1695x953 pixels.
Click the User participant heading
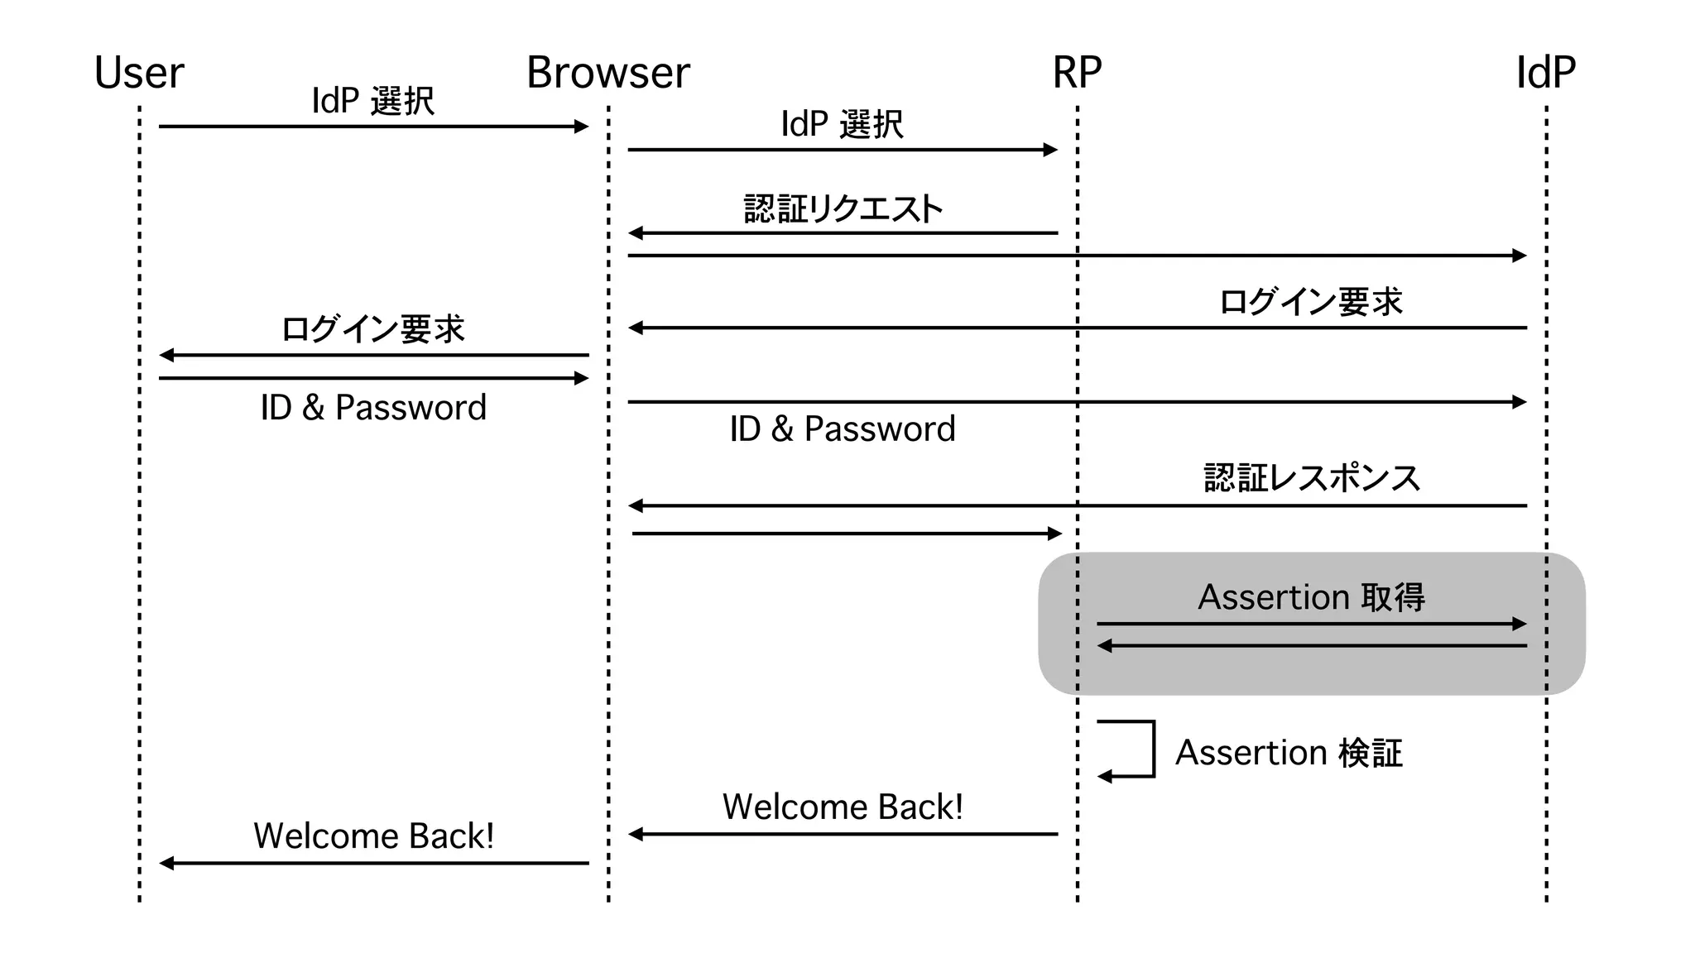click(139, 73)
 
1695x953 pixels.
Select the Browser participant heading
click(608, 73)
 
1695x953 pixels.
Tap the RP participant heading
click(1077, 73)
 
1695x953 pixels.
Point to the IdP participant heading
click(1545, 73)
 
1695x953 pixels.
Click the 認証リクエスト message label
click(843, 209)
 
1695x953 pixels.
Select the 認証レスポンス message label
click(1312, 478)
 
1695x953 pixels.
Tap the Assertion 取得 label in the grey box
click(1311, 597)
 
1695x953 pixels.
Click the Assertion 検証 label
click(1289, 753)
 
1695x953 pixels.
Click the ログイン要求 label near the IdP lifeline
click(1311, 302)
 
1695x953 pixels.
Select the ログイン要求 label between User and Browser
click(373, 329)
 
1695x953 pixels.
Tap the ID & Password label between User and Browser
click(373, 407)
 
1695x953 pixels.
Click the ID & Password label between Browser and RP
click(843, 429)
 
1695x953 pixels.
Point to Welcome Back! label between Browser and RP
click(843, 807)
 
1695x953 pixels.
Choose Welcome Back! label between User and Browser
click(373, 836)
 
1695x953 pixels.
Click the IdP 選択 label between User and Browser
click(373, 101)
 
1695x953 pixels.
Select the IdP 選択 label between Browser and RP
click(843, 124)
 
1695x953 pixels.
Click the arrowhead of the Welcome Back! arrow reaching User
click(166, 863)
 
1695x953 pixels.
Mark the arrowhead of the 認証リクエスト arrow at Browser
click(636, 233)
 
